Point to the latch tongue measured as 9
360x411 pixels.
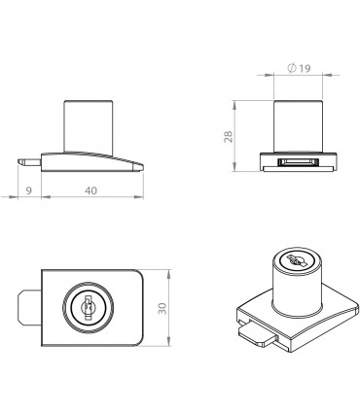[26, 156]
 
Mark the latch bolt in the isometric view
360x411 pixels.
[256, 333]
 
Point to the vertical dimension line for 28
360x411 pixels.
[239, 136]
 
